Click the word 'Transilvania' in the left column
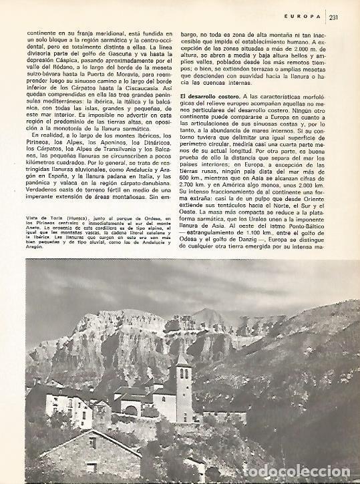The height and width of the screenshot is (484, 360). pyautogui.click(x=108, y=164)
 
